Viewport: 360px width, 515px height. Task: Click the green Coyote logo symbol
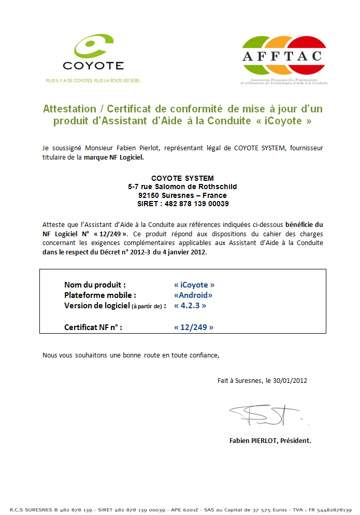coord(93,46)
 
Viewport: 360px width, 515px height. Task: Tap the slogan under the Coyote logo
coord(93,80)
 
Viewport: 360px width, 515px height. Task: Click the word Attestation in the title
coord(69,109)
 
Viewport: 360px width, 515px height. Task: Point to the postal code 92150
coord(150,195)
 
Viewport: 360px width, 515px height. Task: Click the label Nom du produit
coord(95,285)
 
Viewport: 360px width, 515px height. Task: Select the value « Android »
coord(193,295)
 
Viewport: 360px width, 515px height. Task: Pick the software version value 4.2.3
coord(191,306)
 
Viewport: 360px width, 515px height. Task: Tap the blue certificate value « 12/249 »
coord(194,327)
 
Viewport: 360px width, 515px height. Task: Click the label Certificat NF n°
coord(93,327)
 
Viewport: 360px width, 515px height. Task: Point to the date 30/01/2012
coord(291,380)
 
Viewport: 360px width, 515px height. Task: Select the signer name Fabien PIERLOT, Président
coord(270,441)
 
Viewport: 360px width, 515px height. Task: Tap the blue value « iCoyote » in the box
coord(194,285)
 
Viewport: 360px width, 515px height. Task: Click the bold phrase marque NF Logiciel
coord(114,157)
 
